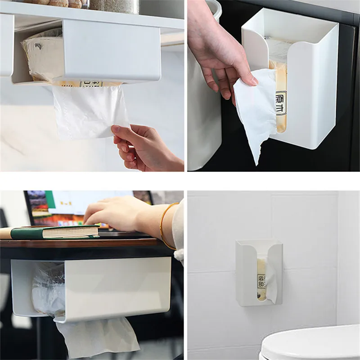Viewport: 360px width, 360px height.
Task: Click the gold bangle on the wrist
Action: tap(163, 225)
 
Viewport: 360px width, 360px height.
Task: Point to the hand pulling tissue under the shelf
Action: tap(144, 146)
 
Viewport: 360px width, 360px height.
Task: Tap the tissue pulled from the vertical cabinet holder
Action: tap(256, 108)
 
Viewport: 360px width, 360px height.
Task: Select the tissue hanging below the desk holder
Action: tap(97, 335)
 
